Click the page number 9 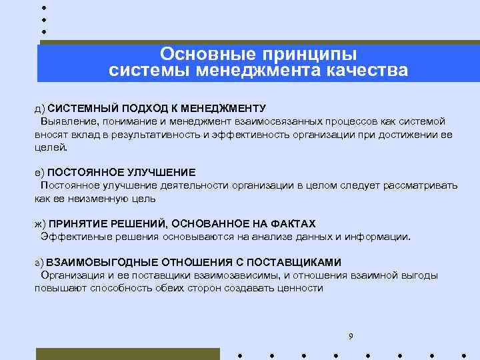[351, 335]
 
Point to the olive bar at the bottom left [127, 353]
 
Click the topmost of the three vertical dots [43, 7]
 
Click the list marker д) [40, 108]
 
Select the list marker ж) [41, 223]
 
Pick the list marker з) [40, 262]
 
